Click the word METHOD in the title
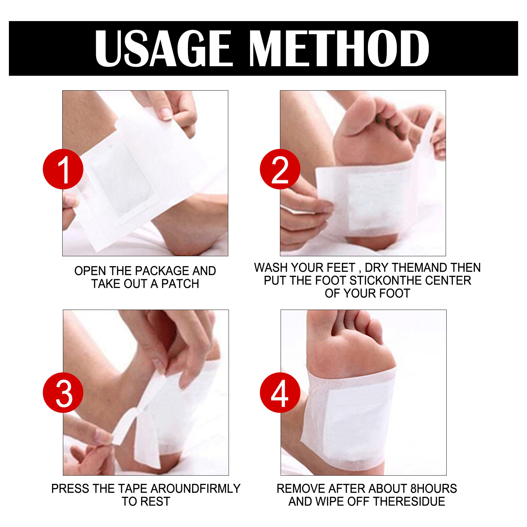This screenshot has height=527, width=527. [339, 48]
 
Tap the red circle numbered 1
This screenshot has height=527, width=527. [63, 169]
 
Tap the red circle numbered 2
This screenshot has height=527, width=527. [280, 169]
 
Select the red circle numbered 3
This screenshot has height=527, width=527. [63, 393]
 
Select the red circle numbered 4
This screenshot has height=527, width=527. [280, 393]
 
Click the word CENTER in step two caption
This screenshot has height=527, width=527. [448, 280]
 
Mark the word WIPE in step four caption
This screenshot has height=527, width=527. [330, 501]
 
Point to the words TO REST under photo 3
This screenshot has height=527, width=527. [146, 501]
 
